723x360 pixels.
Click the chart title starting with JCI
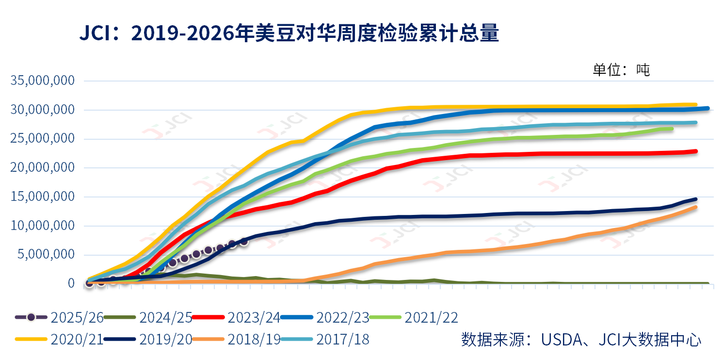pyautogui.click(x=289, y=33)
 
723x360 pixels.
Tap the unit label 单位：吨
pyautogui.click(x=621, y=70)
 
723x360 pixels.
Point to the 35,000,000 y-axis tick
pyautogui.click(x=42, y=81)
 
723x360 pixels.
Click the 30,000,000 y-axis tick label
pyautogui.click(x=42, y=110)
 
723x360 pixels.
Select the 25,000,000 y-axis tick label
pyautogui.click(x=42, y=139)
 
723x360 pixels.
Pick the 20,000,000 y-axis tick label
pyautogui.click(x=42, y=168)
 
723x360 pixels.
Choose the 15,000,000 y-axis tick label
pyautogui.click(x=42, y=197)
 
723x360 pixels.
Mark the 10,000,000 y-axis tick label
pyautogui.click(x=42, y=226)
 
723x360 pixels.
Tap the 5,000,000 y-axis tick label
pyautogui.click(x=47, y=255)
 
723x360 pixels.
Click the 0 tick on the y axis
pyautogui.click(x=71, y=283)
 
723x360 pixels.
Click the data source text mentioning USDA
pyautogui.click(x=581, y=339)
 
